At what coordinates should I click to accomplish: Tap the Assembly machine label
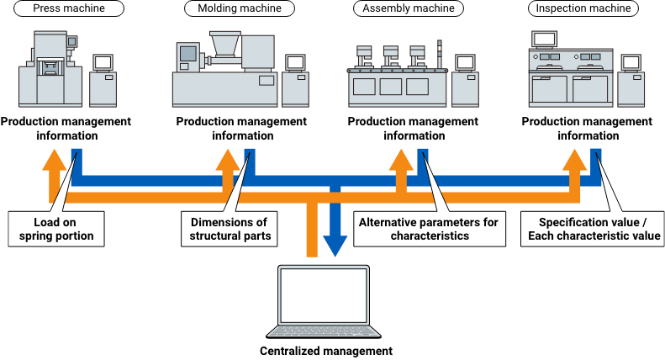click(409, 8)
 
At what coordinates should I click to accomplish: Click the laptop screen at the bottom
click(324, 294)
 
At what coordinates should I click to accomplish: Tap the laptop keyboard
click(324, 330)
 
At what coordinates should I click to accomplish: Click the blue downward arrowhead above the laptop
click(335, 245)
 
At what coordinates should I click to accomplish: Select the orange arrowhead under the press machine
click(54, 159)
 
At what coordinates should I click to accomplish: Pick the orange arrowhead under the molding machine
click(227, 159)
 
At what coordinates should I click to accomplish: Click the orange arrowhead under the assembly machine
click(401, 159)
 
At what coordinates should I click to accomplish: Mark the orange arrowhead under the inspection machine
click(575, 159)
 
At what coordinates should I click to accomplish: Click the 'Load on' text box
click(55, 222)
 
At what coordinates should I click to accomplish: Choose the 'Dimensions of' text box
click(229, 222)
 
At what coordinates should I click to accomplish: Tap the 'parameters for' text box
click(442, 222)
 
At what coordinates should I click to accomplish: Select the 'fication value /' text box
click(609, 222)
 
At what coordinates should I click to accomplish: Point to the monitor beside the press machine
click(103, 63)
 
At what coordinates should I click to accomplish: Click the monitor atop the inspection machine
click(545, 39)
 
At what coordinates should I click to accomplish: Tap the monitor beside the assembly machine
click(465, 63)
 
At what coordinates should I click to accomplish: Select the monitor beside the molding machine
click(295, 63)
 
